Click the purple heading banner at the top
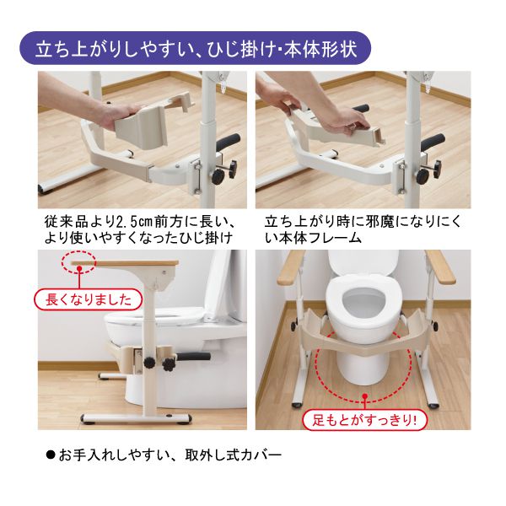coord(195,48)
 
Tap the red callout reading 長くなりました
coord(88,299)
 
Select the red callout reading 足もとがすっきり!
coord(364,419)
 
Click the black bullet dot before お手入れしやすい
coord(51,455)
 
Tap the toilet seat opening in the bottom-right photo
coord(364,301)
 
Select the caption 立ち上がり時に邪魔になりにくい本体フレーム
coord(363,229)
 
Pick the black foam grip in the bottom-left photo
coord(193,356)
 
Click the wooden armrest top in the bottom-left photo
coord(125,263)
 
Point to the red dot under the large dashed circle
coord(365,396)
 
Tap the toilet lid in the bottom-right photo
coord(364,262)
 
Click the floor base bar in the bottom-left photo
coord(136,418)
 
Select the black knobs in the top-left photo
coord(224,173)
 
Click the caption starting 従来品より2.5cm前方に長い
coord(140,229)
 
